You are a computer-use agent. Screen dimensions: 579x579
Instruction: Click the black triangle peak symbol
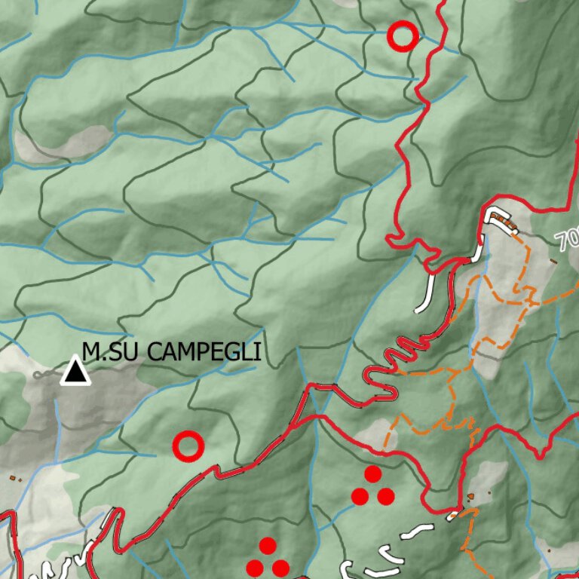pos(75,372)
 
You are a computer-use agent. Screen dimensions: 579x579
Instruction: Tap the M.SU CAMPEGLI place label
pos(172,351)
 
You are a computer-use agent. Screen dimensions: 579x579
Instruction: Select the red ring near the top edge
pos(402,35)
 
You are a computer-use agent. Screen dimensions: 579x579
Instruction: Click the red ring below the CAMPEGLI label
pos(188,446)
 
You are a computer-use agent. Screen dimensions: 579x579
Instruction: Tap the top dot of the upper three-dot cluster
pos(373,474)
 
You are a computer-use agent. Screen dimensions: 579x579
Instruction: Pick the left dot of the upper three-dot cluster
pos(360,496)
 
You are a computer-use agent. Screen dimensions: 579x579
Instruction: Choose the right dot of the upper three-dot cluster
pos(386,496)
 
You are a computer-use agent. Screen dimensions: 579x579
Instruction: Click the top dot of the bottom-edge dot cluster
pos(268,545)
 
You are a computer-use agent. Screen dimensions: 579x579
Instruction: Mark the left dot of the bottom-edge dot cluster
pos(255,568)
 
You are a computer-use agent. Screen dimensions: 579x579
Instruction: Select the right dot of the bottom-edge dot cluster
pos(280,568)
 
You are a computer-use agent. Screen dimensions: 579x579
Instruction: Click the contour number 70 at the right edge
pos(568,240)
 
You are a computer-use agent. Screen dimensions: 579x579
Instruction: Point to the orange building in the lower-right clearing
pos(470,496)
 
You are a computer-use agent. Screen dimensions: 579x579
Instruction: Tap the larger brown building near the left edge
pos(13,478)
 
